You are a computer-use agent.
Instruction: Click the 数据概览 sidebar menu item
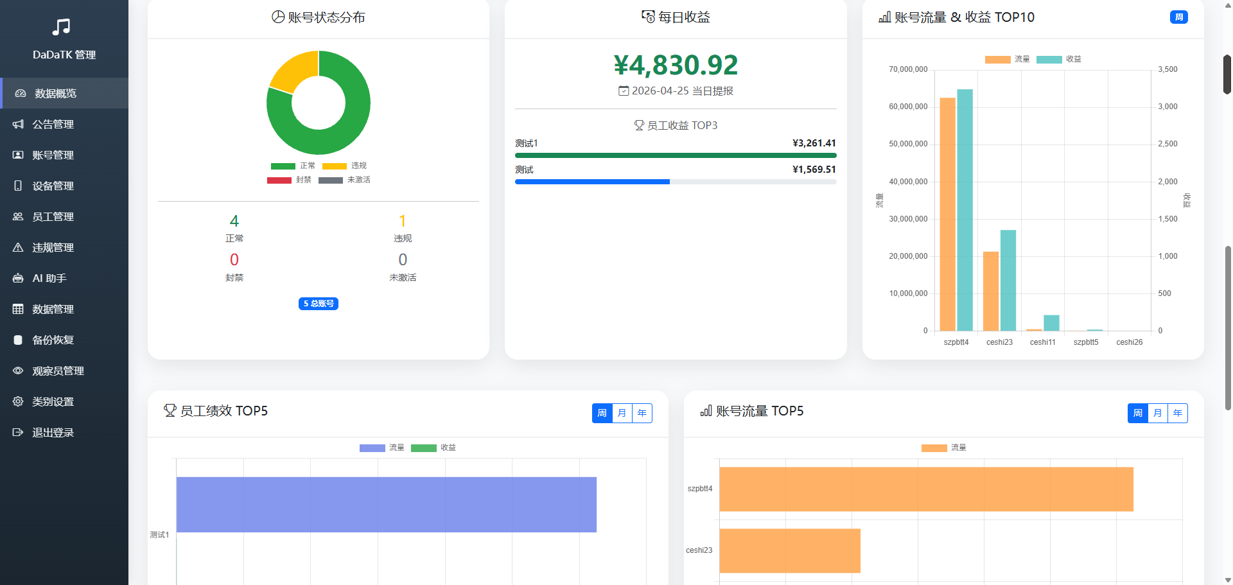click(55, 94)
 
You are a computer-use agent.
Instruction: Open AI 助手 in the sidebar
click(49, 279)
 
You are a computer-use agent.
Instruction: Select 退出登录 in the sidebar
click(53, 433)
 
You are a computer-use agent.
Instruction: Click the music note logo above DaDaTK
click(62, 27)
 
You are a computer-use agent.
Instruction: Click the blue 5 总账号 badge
click(319, 304)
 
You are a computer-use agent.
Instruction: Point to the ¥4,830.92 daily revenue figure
click(676, 65)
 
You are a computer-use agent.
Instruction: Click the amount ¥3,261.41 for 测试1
click(814, 143)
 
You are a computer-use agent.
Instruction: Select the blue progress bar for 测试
click(592, 182)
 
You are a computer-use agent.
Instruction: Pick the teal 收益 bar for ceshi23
click(1008, 280)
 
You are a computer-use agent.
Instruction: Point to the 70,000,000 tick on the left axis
click(908, 69)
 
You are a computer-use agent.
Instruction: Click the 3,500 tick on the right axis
click(1167, 69)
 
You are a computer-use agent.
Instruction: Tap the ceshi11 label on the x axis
click(1042, 342)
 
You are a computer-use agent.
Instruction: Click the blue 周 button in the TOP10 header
click(1178, 17)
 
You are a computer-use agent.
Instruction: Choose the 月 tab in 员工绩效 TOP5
click(622, 413)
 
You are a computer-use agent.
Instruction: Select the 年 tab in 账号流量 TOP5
click(1177, 413)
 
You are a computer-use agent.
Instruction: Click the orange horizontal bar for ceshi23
click(789, 550)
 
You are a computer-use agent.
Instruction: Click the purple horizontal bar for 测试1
click(386, 504)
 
